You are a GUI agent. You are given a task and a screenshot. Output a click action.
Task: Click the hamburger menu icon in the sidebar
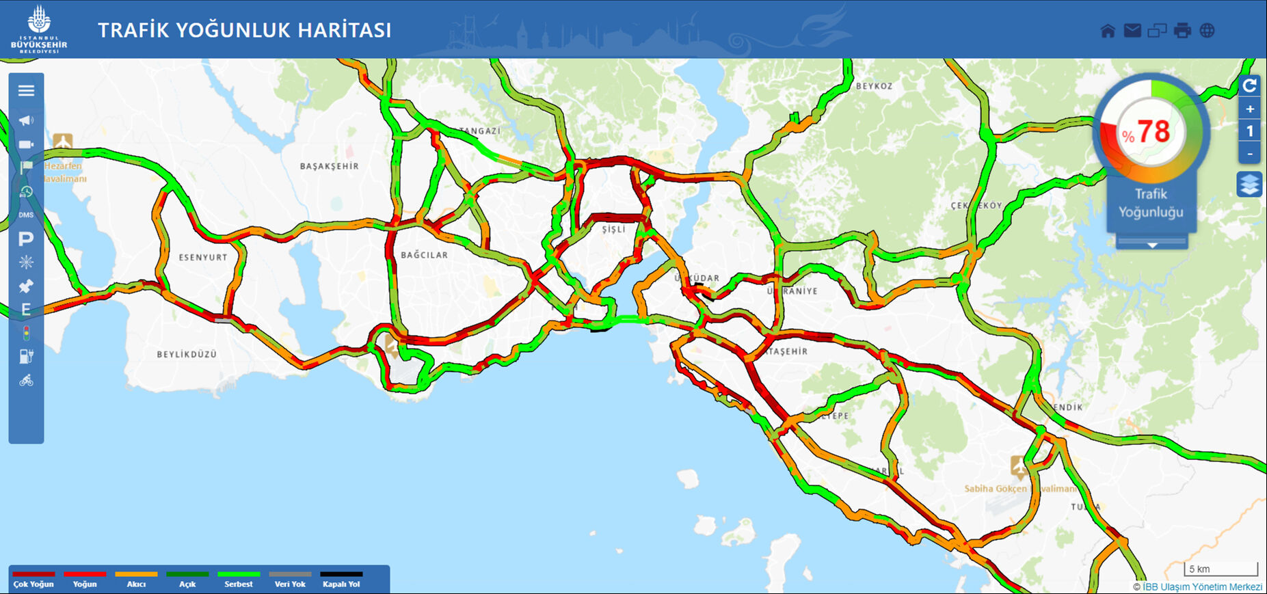(x=26, y=91)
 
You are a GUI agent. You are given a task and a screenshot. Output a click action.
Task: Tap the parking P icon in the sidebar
(x=26, y=239)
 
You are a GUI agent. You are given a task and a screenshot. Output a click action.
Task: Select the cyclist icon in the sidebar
(x=26, y=380)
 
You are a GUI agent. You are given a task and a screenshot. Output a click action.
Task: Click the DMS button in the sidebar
(x=26, y=215)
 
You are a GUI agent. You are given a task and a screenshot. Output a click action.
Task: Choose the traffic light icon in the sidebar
(x=26, y=334)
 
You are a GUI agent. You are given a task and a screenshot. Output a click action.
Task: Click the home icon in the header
(x=1108, y=31)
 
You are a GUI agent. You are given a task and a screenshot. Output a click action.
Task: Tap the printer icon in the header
(x=1182, y=31)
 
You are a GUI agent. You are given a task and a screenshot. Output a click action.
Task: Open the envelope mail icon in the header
(x=1132, y=31)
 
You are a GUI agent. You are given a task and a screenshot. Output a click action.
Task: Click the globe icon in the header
(x=1208, y=31)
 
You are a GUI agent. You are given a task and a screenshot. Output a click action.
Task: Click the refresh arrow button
(x=1250, y=85)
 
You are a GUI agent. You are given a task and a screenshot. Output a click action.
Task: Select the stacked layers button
(x=1249, y=185)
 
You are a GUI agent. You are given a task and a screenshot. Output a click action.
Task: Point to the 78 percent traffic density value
(x=1153, y=131)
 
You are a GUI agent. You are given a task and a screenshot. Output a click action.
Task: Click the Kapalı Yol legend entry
(x=341, y=580)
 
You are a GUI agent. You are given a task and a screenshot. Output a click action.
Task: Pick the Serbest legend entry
(x=239, y=580)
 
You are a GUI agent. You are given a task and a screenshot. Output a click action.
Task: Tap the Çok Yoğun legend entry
(x=34, y=580)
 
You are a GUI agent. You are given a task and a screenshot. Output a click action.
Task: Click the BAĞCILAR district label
(x=424, y=255)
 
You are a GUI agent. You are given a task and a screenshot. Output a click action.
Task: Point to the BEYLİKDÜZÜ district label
(x=187, y=354)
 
